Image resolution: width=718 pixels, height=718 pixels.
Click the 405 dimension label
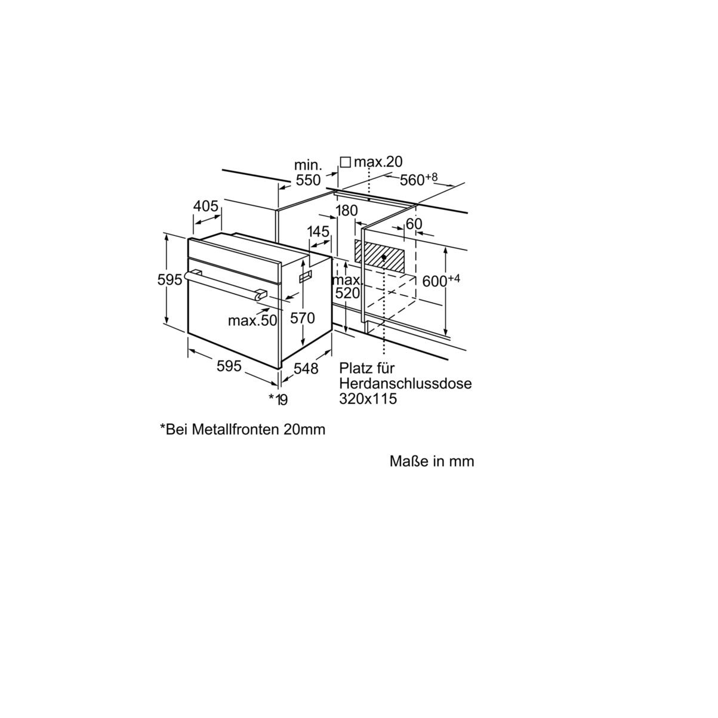point(206,206)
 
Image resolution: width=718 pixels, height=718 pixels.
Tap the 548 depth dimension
point(306,368)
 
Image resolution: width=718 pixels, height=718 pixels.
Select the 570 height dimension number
point(303,318)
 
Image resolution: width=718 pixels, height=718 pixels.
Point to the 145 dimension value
point(319,232)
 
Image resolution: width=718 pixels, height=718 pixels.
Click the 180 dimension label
point(347,211)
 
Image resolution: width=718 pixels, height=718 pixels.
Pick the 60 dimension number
point(414,224)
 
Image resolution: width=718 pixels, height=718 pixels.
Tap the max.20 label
point(378,162)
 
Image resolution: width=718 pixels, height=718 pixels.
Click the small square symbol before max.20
point(346,162)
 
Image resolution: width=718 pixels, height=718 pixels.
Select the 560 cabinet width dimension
point(418,180)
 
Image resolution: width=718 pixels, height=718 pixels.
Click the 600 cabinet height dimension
point(441,280)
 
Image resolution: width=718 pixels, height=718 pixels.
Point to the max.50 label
point(252,321)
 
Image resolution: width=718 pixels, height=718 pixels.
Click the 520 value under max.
point(347,293)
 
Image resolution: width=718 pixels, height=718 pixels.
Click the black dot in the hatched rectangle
point(384,257)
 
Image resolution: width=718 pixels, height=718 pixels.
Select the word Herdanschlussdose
point(405,383)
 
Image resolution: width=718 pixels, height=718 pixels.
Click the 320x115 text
point(368,399)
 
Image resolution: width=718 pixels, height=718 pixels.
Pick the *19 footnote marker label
point(278,399)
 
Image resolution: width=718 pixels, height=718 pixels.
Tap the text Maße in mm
point(432,461)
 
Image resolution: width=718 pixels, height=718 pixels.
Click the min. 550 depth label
point(308,172)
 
